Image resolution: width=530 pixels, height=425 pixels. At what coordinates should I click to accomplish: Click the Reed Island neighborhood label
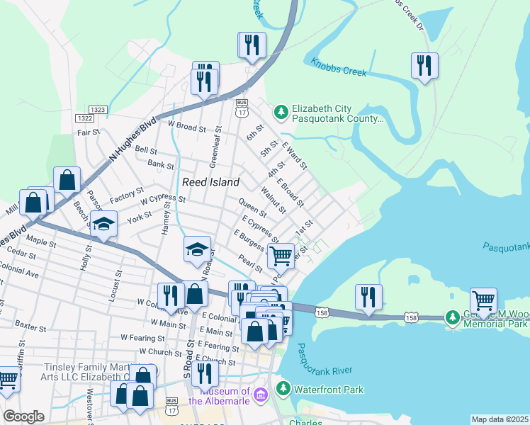(x=210, y=182)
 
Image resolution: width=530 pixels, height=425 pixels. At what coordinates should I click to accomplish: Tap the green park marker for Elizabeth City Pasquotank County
(x=281, y=112)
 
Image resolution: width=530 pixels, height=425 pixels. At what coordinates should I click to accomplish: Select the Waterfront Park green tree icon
(x=283, y=389)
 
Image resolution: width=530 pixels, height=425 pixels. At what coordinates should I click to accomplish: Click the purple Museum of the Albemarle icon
(x=260, y=393)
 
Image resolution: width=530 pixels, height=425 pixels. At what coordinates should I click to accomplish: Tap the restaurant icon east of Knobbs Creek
(x=424, y=65)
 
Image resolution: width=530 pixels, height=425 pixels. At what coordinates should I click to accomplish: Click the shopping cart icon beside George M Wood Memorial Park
(x=483, y=300)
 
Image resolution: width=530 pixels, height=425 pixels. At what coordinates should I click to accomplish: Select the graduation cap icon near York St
(x=103, y=224)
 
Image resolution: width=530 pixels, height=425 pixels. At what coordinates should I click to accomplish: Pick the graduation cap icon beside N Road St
(x=198, y=249)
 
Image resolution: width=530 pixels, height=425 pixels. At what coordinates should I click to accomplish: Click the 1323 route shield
(x=99, y=109)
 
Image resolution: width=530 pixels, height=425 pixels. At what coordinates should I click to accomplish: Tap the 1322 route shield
(x=84, y=118)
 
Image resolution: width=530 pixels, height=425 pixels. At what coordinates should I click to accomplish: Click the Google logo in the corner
(x=23, y=416)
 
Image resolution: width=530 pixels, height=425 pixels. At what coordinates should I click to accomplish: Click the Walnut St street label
(x=273, y=200)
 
